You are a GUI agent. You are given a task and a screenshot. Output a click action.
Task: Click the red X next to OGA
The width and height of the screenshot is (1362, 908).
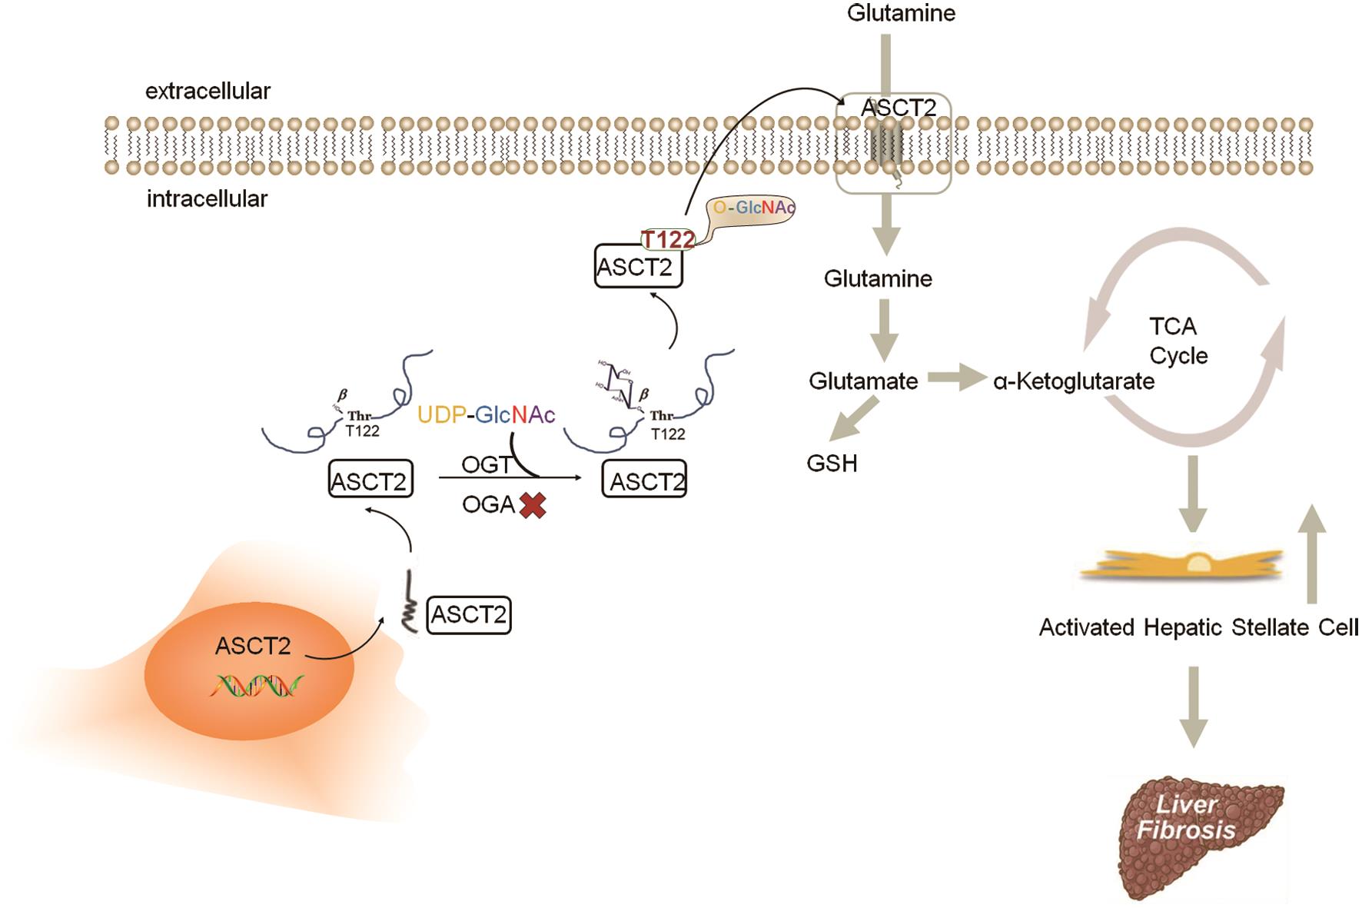click(533, 505)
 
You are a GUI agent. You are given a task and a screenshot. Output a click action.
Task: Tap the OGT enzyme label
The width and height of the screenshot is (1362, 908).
click(487, 464)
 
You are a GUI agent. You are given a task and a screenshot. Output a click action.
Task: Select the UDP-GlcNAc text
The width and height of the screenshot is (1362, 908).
click(486, 415)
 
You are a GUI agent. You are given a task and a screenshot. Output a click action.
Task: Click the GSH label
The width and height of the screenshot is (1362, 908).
click(832, 464)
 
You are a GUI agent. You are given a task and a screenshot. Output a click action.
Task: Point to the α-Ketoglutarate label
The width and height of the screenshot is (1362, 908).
click(1074, 381)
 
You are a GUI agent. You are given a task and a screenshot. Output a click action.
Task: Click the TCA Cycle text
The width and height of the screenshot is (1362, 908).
click(1177, 341)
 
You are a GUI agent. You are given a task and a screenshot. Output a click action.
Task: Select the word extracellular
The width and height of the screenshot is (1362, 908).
click(208, 91)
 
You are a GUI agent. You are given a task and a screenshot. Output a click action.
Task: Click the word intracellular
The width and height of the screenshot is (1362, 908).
click(208, 199)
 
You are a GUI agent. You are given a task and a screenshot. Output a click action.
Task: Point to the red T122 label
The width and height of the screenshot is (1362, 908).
click(667, 240)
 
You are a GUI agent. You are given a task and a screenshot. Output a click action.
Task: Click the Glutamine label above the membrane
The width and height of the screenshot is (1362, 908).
click(901, 13)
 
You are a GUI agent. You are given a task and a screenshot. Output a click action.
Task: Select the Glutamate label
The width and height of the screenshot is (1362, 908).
click(863, 381)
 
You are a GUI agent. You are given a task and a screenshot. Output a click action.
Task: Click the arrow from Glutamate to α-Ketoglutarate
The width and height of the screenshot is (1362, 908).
click(956, 378)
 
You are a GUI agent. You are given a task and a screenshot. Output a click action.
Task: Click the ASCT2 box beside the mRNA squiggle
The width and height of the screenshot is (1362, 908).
click(469, 615)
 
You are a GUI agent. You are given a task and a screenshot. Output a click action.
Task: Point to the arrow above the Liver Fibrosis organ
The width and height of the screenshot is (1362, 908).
click(1193, 706)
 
